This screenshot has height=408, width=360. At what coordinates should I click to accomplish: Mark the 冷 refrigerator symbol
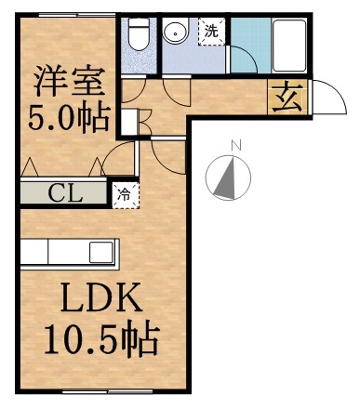(x=123, y=195)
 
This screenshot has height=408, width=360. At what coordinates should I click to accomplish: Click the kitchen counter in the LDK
(x=70, y=253)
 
